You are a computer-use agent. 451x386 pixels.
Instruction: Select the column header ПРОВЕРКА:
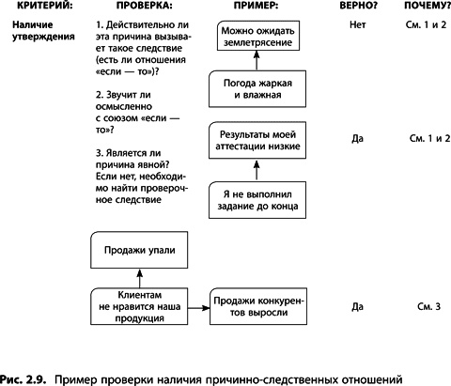pos(130,8)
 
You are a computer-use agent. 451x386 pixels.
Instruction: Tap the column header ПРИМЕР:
pos(248,8)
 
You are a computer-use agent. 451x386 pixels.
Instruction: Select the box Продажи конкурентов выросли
pos(258,305)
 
